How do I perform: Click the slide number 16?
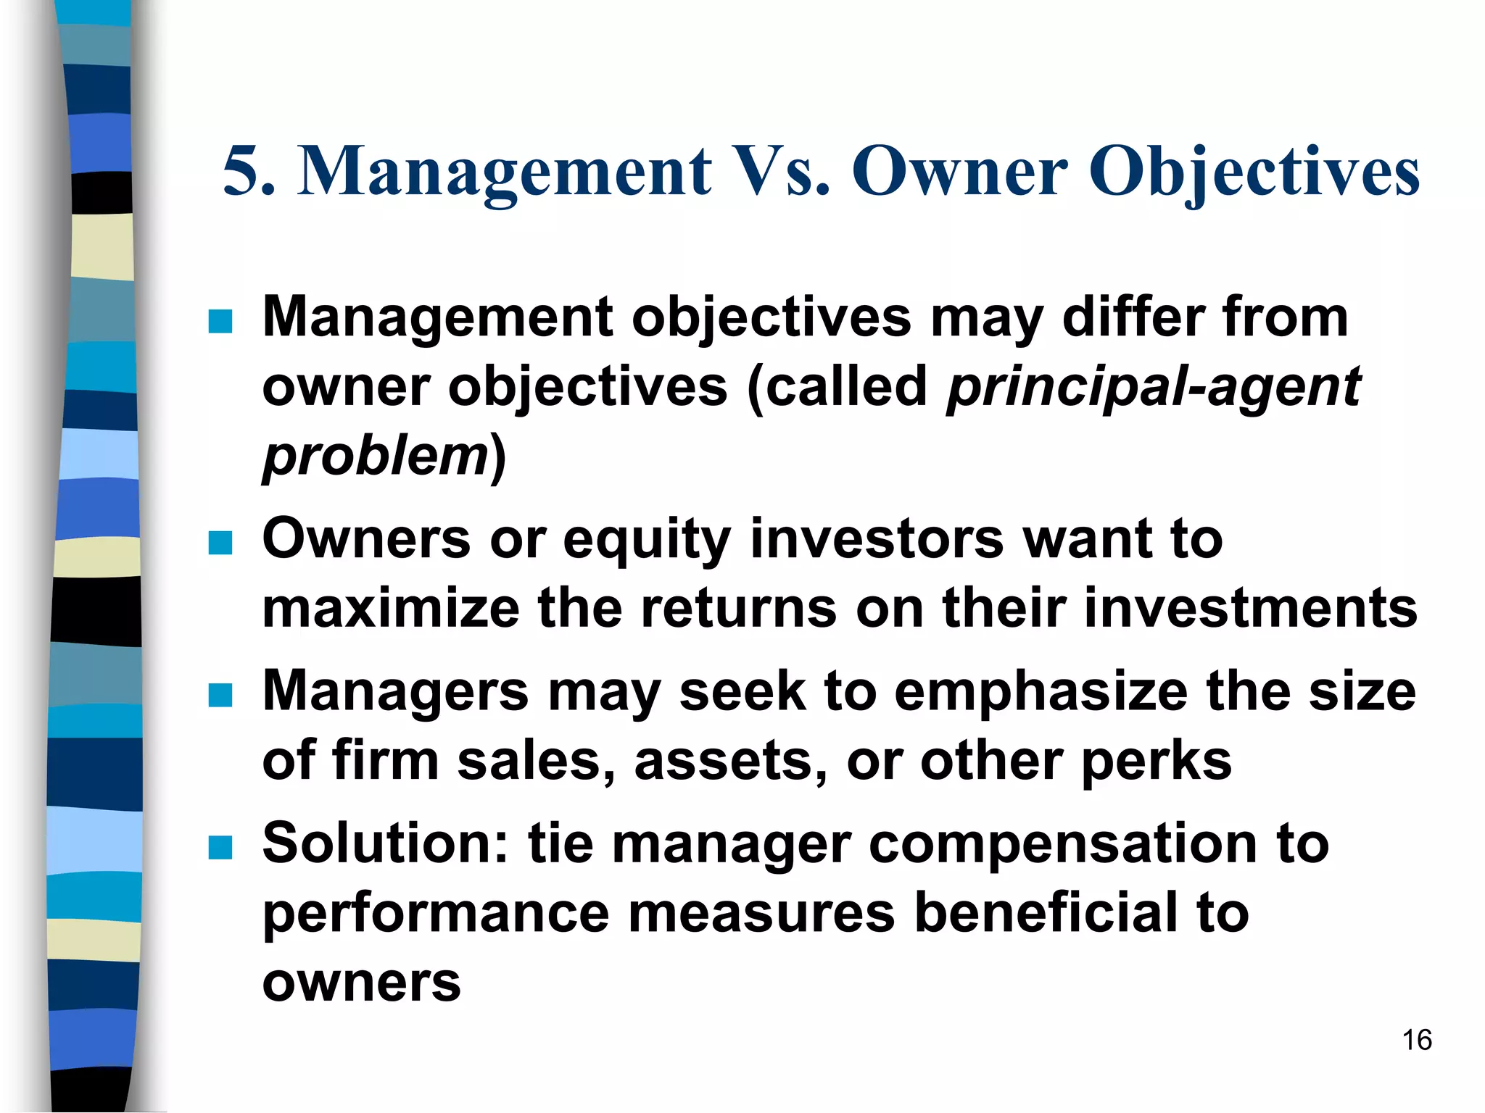tap(1416, 1040)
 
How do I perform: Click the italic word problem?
tap(376, 457)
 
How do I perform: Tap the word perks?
tap(1156, 761)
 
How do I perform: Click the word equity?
tap(646, 540)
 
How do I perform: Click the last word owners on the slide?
tap(361, 983)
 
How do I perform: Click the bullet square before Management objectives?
tap(220, 321)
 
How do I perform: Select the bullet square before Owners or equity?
tap(220, 543)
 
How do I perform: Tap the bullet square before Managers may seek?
tap(220, 695)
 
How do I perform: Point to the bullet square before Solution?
tap(220, 847)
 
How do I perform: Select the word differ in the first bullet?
tap(1132, 317)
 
